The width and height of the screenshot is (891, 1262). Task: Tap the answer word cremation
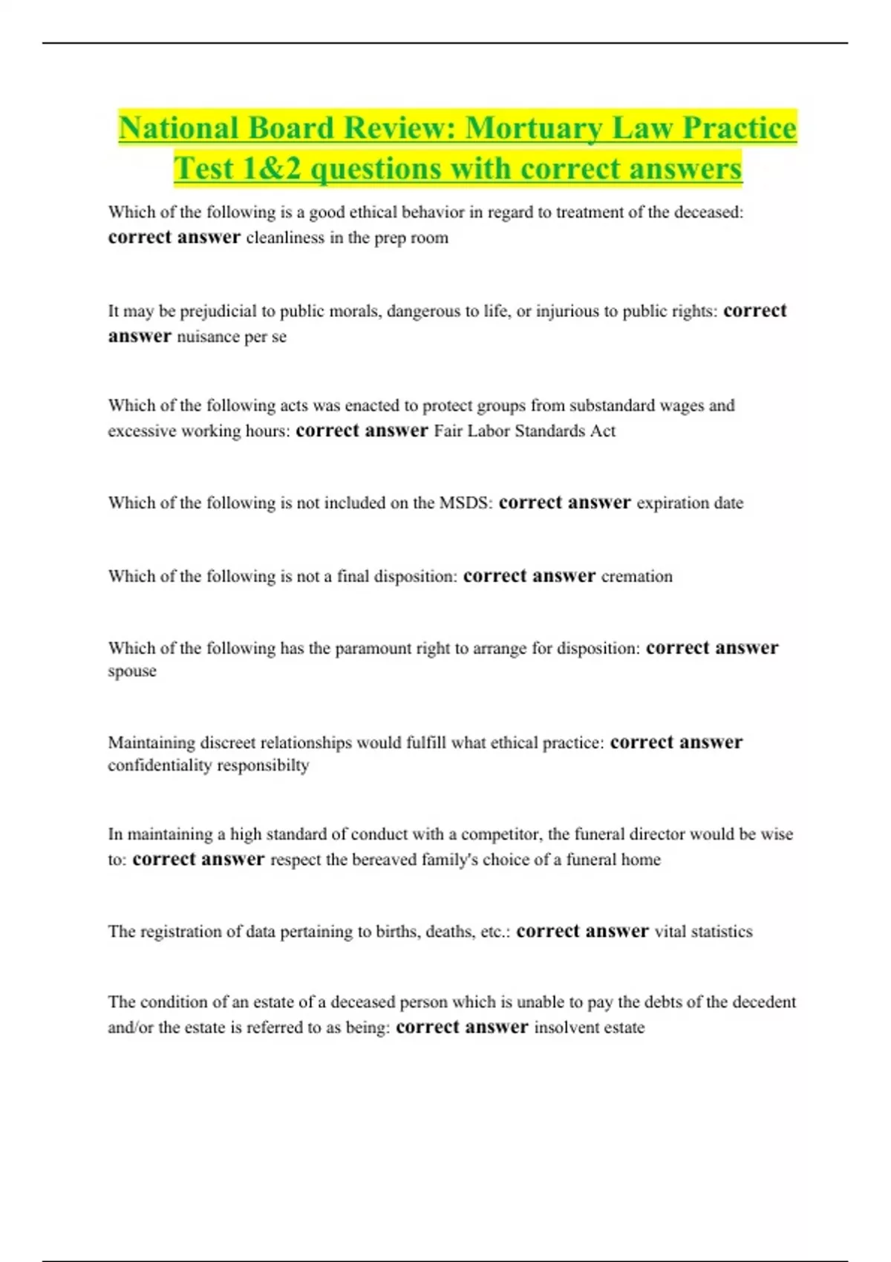click(x=636, y=577)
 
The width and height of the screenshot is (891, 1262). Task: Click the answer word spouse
click(x=132, y=672)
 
